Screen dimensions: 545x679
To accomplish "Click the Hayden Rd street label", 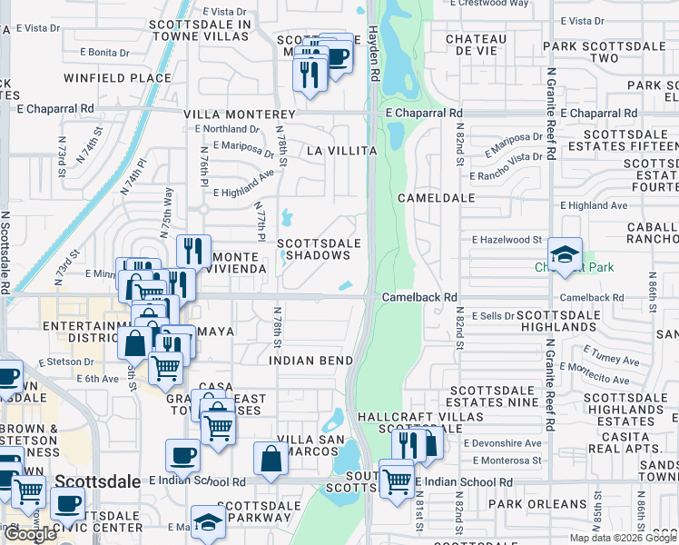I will point(373,45).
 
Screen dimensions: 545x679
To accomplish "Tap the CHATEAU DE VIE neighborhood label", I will point(476,45).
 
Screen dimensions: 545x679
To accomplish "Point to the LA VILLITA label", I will point(340,150).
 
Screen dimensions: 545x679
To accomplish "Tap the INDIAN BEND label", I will point(311,361).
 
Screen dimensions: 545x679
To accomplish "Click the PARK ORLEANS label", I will point(537,504).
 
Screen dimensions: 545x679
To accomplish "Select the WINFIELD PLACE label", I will point(118,78).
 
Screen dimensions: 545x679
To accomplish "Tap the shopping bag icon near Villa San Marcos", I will point(271,460).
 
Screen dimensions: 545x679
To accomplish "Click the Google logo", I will point(30,534).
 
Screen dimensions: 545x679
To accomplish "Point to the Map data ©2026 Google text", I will point(622,538).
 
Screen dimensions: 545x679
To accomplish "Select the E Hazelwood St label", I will point(507,240).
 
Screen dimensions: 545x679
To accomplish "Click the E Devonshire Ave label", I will point(501,443).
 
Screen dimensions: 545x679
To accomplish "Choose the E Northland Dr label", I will point(227,129).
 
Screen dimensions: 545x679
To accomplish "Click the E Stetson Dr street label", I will point(66,362).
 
